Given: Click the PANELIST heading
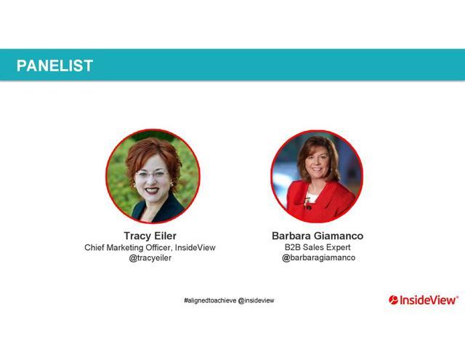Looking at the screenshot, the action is [55, 65].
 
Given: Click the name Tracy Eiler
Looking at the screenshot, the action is [150, 236].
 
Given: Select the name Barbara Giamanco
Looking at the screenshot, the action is [318, 236].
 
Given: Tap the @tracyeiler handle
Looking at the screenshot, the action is [150, 258].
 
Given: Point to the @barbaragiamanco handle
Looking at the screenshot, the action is [318, 257].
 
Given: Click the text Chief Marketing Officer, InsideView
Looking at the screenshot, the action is [150, 247].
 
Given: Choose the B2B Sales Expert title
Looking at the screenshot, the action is [318, 247].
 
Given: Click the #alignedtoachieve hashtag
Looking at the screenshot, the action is [210, 300].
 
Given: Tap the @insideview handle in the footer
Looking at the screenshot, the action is [256, 300].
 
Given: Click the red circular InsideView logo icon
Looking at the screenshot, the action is [394, 300].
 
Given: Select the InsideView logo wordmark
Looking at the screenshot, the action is [428, 300].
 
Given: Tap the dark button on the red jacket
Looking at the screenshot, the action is [308, 207].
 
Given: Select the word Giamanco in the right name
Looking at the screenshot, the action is [339, 236].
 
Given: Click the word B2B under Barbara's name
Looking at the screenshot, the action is [292, 247].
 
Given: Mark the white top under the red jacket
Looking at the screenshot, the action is [312, 197].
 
